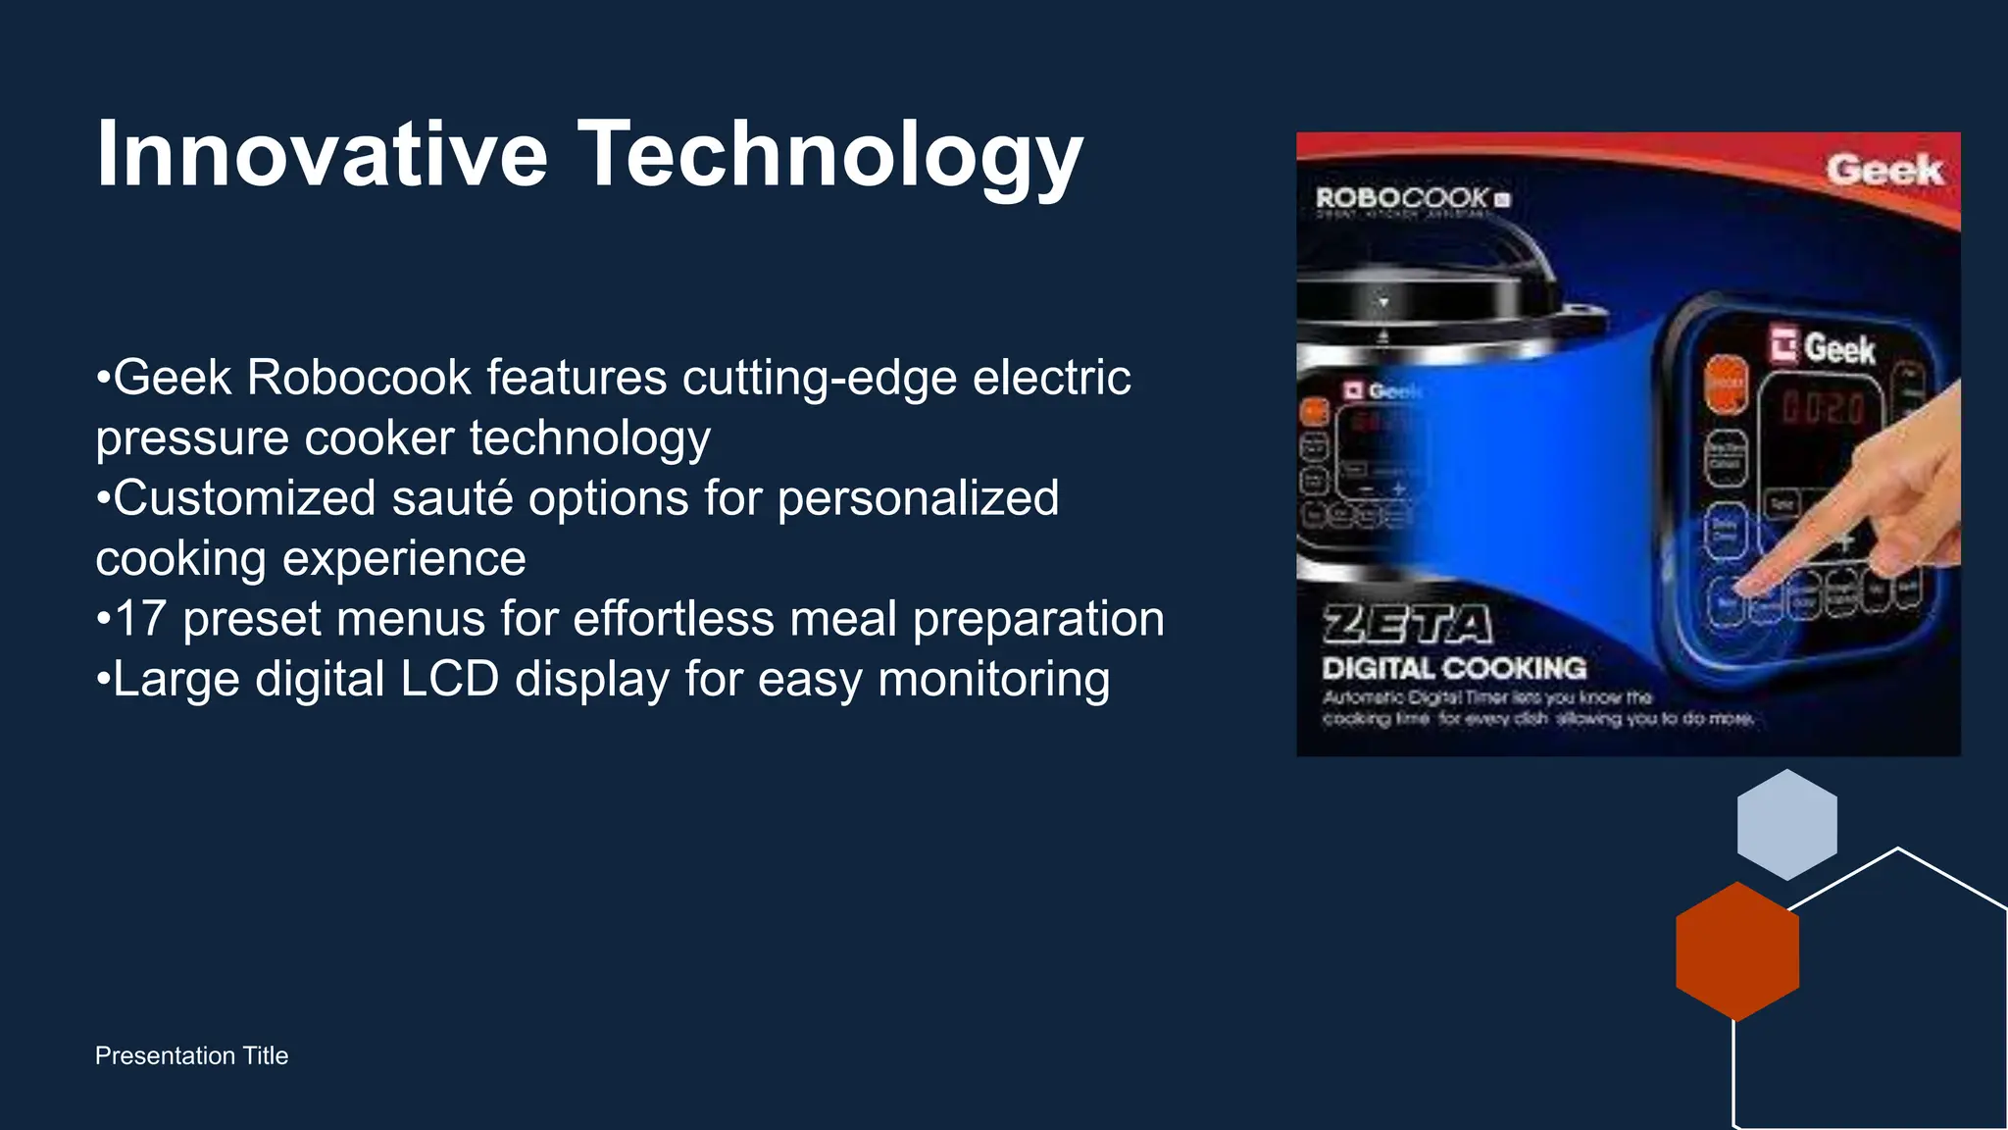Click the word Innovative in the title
pos(322,154)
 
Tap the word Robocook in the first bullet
pos(359,378)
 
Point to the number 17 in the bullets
pos(139,620)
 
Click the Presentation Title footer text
pos(191,1055)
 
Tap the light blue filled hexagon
pos(1786,824)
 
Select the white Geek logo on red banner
pos(1883,170)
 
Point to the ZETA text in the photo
pos(1408,625)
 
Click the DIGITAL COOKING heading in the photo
pos(1454,669)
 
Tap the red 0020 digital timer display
pos(1823,407)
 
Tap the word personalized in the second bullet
pos(918,498)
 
